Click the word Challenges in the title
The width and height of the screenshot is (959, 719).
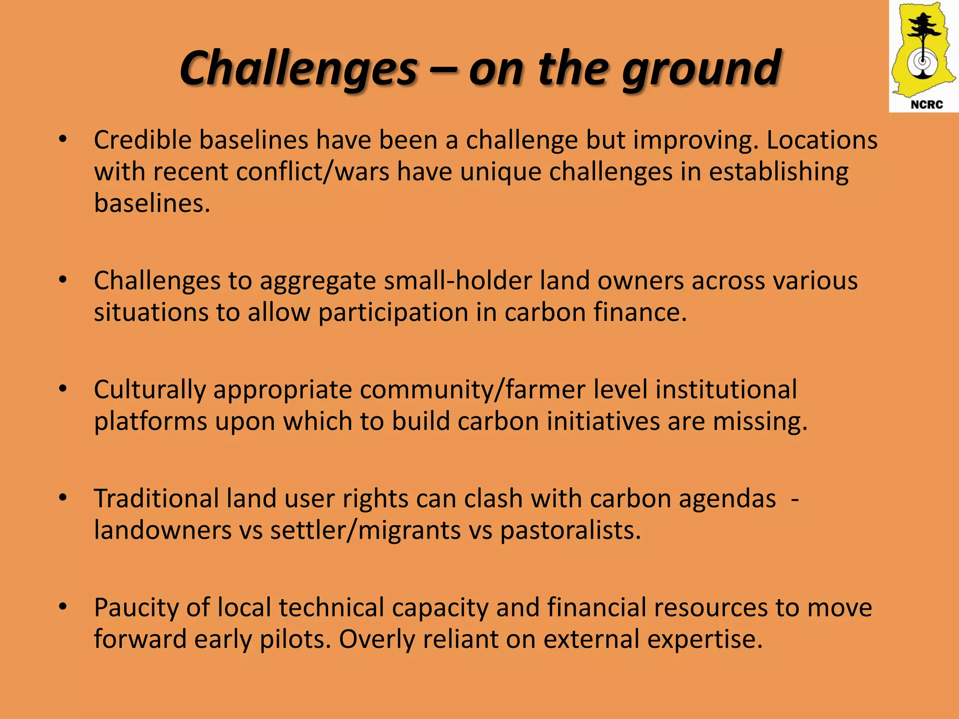(x=298, y=69)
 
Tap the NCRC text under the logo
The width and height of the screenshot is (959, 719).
(x=926, y=105)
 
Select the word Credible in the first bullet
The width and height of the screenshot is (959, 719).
(x=143, y=140)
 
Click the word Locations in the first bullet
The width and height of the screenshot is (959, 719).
(x=822, y=140)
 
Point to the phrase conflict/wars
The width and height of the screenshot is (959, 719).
(x=312, y=172)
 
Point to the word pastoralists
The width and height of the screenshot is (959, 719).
(x=570, y=530)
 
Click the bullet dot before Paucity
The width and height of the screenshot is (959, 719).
(x=63, y=607)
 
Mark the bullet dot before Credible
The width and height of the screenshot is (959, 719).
(x=63, y=139)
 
